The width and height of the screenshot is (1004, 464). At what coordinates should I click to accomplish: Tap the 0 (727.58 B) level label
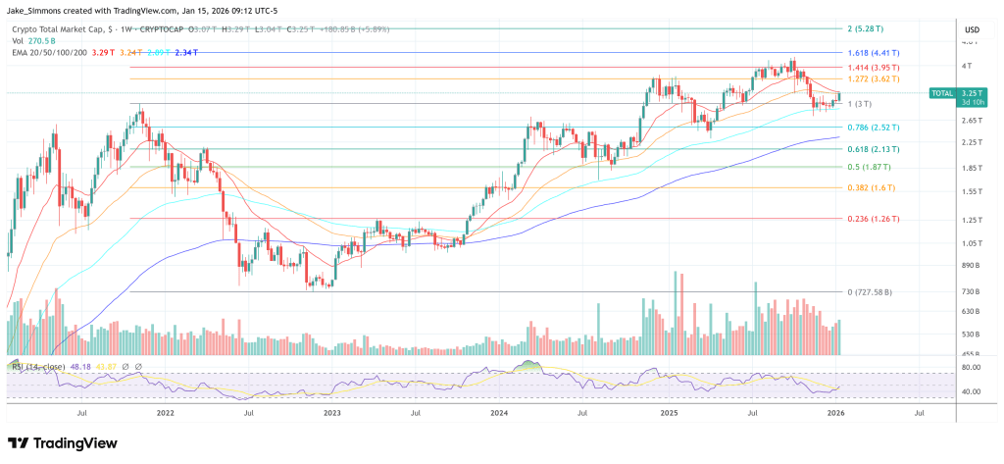click(x=878, y=292)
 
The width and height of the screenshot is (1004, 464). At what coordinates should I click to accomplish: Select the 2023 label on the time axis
click(x=332, y=414)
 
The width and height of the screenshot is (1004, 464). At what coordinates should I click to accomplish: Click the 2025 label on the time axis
click(x=670, y=414)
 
